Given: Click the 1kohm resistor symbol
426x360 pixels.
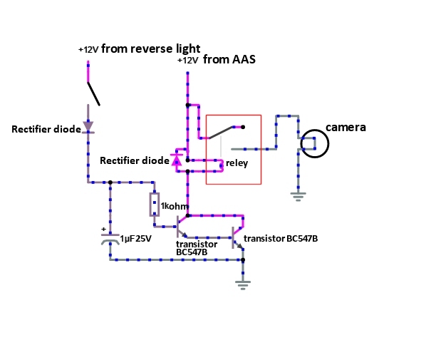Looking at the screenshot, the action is [x=155, y=205].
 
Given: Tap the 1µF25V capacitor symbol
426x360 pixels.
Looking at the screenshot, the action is [x=110, y=239].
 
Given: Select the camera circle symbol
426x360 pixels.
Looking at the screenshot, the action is [x=315, y=143].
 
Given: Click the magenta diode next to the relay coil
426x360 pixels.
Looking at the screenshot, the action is [x=177, y=160].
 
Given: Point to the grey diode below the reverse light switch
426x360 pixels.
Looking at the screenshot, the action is [x=88, y=127].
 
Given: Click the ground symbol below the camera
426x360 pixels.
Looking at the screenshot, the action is [x=298, y=197].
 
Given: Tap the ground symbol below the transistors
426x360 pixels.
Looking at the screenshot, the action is [x=243, y=285].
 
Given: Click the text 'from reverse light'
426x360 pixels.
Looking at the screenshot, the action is [x=151, y=48].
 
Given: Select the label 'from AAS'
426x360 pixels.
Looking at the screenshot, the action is [x=229, y=59].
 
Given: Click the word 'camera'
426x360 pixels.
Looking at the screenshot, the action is [x=346, y=128].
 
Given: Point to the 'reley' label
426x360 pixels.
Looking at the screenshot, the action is [x=237, y=163].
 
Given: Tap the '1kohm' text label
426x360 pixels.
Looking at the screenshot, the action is [x=175, y=206].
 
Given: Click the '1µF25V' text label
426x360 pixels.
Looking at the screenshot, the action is [x=135, y=239].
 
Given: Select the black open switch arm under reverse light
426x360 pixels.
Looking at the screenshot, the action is [x=94, y=94].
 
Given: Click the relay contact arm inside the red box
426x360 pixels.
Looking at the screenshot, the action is [x=221, y=133].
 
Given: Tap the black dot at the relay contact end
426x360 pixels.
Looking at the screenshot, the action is [x=243, y=127].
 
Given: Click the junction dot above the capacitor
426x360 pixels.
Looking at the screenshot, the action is [x=110, y=182].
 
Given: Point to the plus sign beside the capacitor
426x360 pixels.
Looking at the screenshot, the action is [x=103, y=229].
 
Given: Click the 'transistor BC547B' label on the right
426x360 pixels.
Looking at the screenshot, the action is [x=281, y=239].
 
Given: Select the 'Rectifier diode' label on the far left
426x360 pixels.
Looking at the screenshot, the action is [x=46, y=129].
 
